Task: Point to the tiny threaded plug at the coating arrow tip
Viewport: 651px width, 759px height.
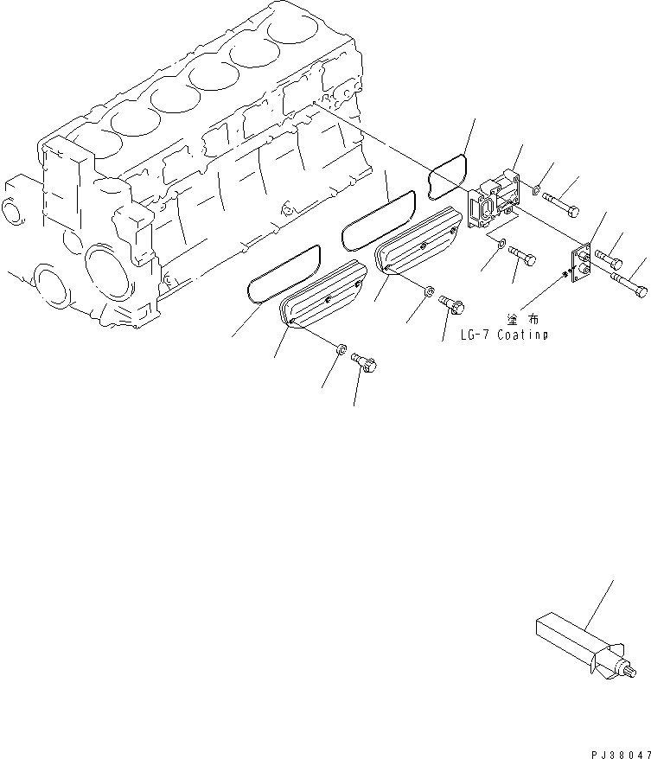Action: (x=565, y=275)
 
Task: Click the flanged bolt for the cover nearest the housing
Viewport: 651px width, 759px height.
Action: (x=453, y=304)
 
